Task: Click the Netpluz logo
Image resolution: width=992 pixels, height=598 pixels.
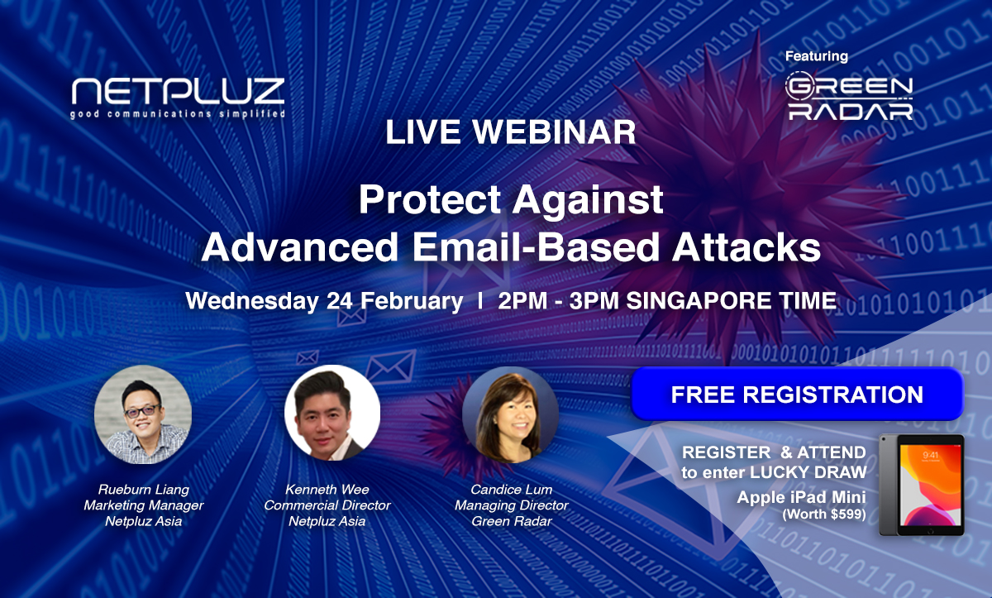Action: [x=178, y=98]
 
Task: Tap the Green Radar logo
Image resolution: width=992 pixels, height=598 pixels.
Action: [x=849, y=96]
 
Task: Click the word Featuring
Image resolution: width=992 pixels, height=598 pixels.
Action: [x=817, y=56]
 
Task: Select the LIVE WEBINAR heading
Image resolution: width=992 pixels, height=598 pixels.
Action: [x=511, y=132]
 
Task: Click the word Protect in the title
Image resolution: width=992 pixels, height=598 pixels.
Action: [x=429, y=199]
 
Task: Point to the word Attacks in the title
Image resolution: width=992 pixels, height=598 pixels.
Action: [x=746, y=247]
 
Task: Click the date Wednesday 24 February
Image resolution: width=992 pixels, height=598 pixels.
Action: [x=324, y=301]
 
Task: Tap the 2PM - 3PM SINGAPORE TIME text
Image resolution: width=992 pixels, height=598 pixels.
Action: [x=667, y=301]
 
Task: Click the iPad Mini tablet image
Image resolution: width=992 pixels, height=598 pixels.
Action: [x=922, y=485]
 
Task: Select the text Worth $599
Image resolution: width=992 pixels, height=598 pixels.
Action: [x=824, y=514]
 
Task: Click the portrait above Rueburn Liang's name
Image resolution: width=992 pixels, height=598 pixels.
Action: [x=143, y=414]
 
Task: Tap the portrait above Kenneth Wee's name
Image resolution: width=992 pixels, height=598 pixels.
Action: [x=332, y=413]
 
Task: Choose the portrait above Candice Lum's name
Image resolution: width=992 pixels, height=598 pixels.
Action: [x=511, y=414]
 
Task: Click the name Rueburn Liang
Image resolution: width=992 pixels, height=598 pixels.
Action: [x=144, y=490]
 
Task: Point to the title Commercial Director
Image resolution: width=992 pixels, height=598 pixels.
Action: [x=327, y=505]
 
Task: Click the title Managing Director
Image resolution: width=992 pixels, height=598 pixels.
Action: [x=512, y=505]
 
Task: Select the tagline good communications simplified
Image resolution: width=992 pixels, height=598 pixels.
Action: [x=178, y=114]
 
